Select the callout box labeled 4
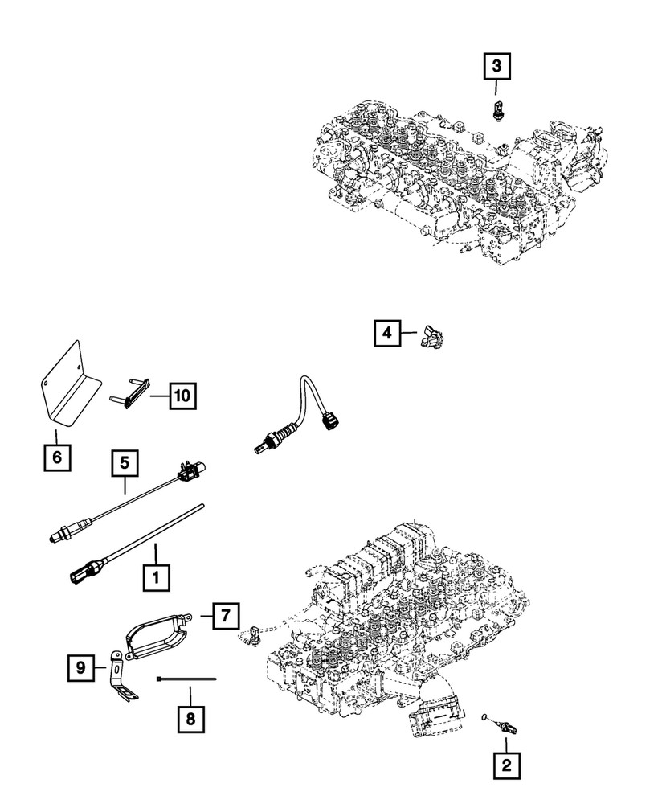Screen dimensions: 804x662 point(386,332)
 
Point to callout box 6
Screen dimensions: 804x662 point(56,459)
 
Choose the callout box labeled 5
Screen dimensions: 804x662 point(125,463)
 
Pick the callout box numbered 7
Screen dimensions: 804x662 point(226,617)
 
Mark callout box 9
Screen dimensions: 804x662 point(81,667)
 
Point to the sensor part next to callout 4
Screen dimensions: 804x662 point(431,339)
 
